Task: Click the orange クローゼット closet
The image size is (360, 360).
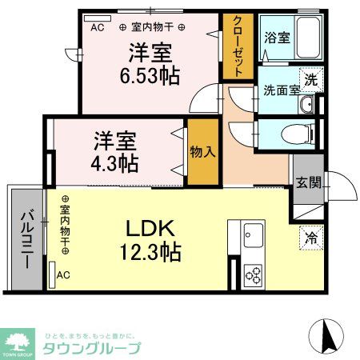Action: tap(234, 46)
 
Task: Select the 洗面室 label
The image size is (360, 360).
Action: tap(281, 89)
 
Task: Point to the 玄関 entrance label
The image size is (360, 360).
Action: tap(309, 182)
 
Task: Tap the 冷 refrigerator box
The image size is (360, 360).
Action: tap(310, 236)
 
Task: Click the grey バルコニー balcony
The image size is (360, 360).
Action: tap(26, 239)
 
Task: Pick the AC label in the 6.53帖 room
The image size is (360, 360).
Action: tap(97, 27)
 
